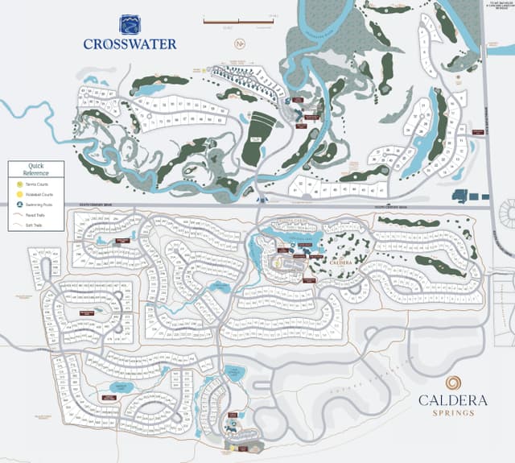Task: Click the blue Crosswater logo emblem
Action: (x=129, y=24)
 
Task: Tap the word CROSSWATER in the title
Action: (x=129, y=44)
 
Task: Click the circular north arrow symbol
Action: (x=238, y=43)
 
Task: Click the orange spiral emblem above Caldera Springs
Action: (x=455, y=383)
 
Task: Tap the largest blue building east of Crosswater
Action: (x=461, y=195)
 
